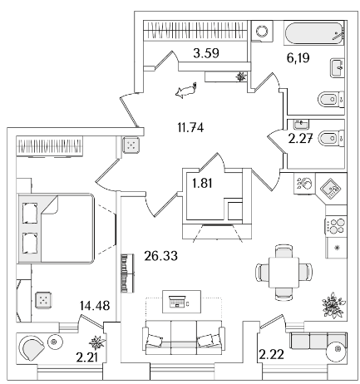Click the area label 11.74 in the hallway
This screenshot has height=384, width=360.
(190, 128)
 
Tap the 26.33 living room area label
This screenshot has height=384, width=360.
(161, 256)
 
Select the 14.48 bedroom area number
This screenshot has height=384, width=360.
(95, 306)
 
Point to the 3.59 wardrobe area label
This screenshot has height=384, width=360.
(206, 53)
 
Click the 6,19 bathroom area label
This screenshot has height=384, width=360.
(298, 58)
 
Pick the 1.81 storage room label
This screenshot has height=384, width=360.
(202, 183)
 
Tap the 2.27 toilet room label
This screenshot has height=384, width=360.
(301, 138)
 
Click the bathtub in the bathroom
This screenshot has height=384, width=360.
(314, 33)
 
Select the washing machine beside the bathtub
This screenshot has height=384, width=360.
(262, 31)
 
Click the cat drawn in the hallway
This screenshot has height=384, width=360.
(186, 90)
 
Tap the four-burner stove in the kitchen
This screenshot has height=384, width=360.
(336, 226)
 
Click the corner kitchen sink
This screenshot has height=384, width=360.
(331, 189)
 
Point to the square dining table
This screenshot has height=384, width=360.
(284, 273)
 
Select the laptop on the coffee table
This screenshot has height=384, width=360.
(177, 302)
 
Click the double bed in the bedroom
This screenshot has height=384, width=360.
(56, 229)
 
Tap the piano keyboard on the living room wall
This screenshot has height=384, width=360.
(127, 273)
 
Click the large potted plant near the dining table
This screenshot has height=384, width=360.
(333, 305)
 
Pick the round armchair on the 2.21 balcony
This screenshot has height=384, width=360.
(32, 347)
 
